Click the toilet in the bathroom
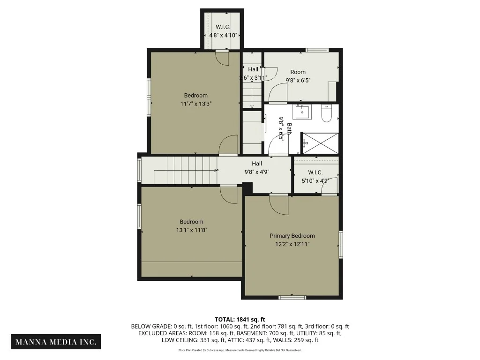tap(327, 113)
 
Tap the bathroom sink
tap(302, 112)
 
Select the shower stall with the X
tap(320, 143)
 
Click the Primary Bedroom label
tap(292, 236)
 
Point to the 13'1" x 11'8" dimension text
tap(192, 230)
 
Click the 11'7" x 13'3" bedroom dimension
tap(196, 104)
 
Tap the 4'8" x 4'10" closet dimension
tap(223, 35)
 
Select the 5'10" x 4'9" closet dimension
tap(315, 180)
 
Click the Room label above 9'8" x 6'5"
tap(298, 72)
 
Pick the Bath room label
tap(289, 128)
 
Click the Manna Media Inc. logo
tap(56, 342)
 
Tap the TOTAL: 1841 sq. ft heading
tap(240, 320)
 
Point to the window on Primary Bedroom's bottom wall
tap(292, 297)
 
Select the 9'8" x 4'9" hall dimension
tap(257, 172)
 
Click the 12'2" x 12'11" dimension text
tap(292, 244)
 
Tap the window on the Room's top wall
tap(317, 50)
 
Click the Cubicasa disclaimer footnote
tap(240, 350)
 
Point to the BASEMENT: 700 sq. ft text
tap(265, 333)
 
